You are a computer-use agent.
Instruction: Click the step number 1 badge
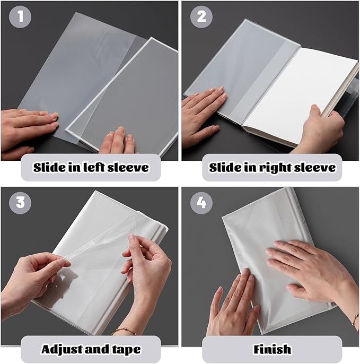pyautogui.click(x=20, y=17)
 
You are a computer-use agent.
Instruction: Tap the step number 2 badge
pyautogui.click(x=201, y=17)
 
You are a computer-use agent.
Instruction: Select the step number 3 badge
pyautogui.click(x=20, y=203)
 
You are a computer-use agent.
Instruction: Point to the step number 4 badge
pyautogui.click(x=201, y=203)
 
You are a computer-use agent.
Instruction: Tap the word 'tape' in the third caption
pyautogui.click(x=124, y=349)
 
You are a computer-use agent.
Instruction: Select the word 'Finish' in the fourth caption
pyautogui.click(x=272, y=349)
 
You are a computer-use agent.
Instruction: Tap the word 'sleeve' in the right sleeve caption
pyautogui.click(x=316, y=168)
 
